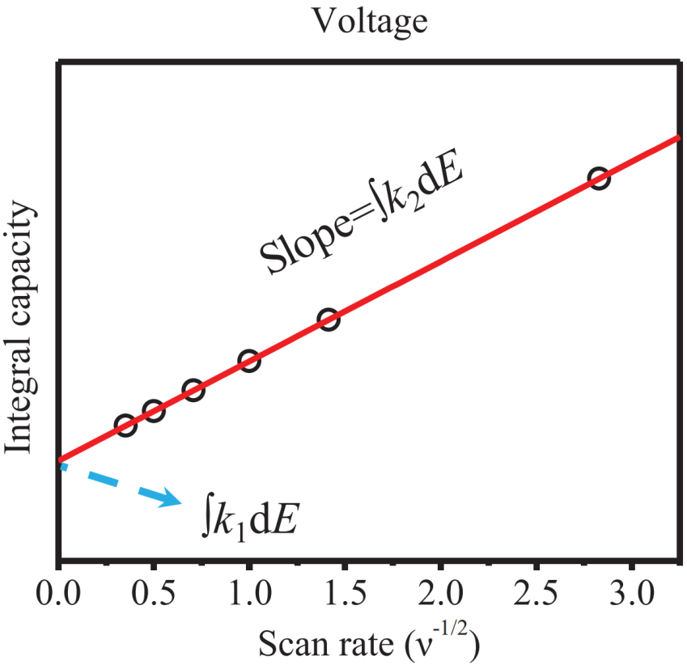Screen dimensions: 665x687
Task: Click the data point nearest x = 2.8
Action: click(x=598, y=179)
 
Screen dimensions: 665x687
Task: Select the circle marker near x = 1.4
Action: click(x=328, y=320)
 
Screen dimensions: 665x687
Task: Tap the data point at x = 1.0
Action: click(x=249, y=361)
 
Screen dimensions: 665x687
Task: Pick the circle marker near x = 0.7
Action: click(x=193, y=391)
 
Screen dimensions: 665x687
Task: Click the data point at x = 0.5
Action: click(x=154, y=411)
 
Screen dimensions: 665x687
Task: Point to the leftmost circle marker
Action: click(x=125, y=426)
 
